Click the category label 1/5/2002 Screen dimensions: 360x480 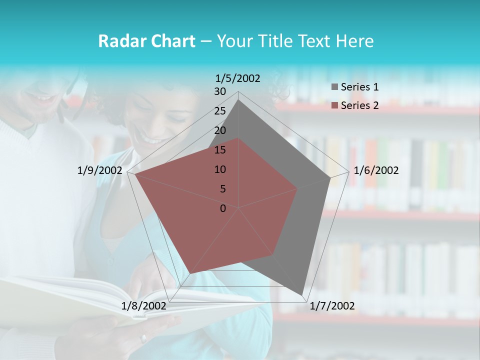(238, 78)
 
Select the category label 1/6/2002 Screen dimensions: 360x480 (376, 170)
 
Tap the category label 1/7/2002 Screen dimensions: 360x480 (332, 306)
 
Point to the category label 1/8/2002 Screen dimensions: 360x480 (144, 306)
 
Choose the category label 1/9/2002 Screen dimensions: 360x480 (100, 170)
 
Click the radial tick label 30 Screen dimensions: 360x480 (220, 91)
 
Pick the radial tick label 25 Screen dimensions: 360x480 (220, 111)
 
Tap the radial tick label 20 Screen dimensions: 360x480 (220, 130)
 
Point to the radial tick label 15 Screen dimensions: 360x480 (220, 150)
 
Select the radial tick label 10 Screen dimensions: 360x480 (220, 169)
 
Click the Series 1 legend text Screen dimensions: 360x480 (359, 87)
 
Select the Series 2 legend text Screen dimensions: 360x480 (359, 105)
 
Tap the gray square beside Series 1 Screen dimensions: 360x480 (334, 87)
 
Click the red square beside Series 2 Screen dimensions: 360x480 (334, 105)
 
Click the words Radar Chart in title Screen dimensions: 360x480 (146, 41)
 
